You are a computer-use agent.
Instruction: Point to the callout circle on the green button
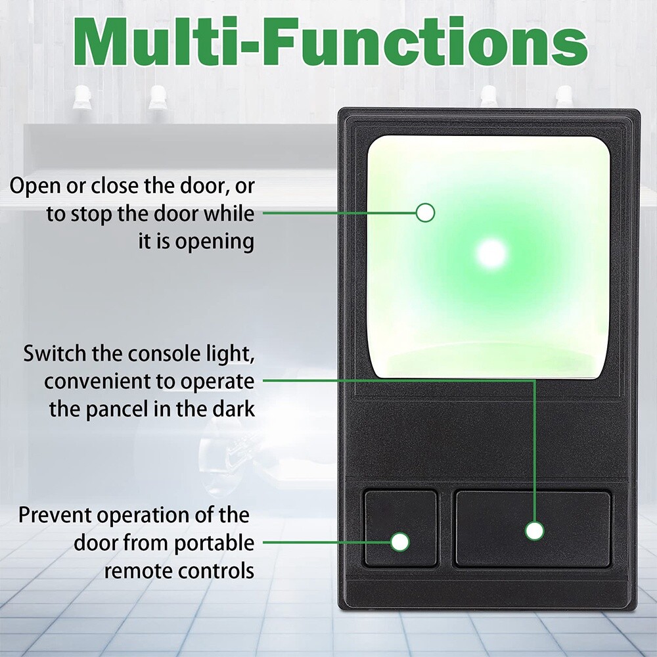[426, 212]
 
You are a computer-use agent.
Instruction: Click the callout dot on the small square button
[399, 542]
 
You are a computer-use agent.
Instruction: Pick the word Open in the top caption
[35, 186]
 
